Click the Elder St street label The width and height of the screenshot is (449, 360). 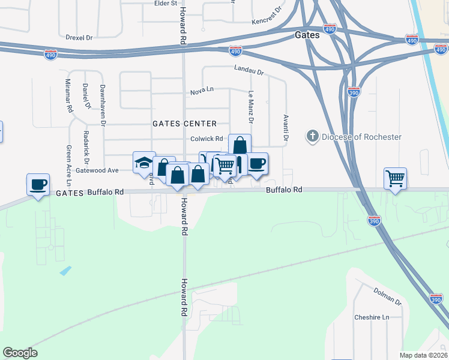click(166, 3)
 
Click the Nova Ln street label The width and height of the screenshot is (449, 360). click(202, 90)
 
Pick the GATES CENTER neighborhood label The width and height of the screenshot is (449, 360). click(184, 124)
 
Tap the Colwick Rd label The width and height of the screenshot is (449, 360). click(206, 139)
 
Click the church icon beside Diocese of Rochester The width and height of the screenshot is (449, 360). click(312, 137)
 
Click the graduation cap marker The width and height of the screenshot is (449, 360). click(144, 163)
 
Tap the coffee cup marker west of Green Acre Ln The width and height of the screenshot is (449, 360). click(38, 184)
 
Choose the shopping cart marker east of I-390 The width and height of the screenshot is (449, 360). click(396, 178)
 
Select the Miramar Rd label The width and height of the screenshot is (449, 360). click(69, 96)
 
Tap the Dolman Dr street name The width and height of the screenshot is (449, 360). click(387, 296)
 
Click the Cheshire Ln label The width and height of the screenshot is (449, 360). click(372, 317)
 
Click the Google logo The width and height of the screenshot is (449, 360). click(20, 353)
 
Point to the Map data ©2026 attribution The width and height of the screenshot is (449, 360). click(423, 355)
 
